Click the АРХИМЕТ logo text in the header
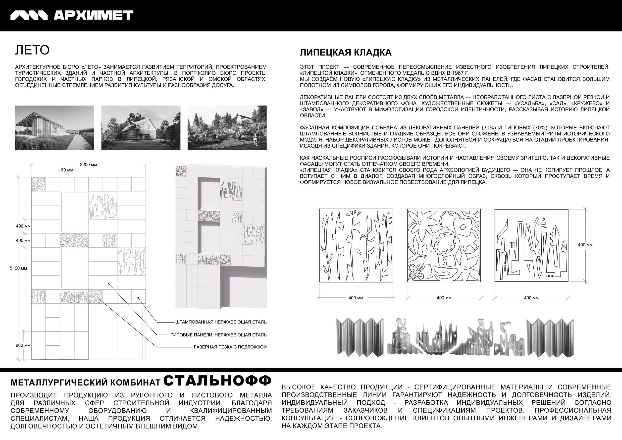93,15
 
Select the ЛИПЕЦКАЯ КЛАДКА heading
345,53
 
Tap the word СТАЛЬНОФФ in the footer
217,381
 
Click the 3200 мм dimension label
88,165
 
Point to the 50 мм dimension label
67,170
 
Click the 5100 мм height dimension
18,268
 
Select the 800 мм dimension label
23,345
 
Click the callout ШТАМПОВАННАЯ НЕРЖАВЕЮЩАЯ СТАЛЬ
221,322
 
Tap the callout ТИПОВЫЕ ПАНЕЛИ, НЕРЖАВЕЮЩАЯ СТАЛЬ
218,335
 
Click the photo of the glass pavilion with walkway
54,128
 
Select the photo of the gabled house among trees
141,128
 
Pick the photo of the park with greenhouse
227,128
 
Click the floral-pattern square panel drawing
444,245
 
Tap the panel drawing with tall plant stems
356,245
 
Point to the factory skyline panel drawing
531,245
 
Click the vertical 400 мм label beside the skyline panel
585,245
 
